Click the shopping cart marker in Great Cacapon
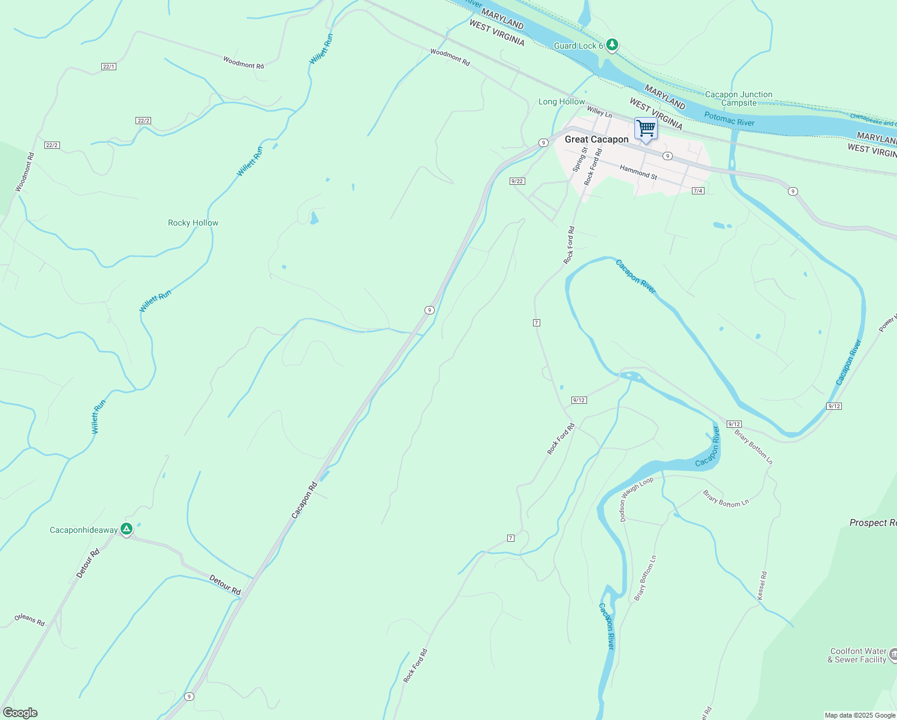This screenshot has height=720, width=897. pos(646,128)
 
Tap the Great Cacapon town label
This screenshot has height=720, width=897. pos(597,139)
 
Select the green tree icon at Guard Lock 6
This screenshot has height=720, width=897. pos(612,44)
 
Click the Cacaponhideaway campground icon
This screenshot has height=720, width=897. pos(126,529)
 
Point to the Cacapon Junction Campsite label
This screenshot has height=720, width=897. pos(739,98)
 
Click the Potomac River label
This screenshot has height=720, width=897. pos(729,118)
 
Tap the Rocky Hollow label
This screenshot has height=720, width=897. pos(193,223)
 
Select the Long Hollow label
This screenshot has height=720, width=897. pos(561,101)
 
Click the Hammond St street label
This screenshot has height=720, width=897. pos(639,172)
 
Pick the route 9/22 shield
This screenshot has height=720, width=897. pos(517,181)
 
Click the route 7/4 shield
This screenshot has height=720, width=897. pos(697,191)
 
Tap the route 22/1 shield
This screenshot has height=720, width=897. pos(109,67)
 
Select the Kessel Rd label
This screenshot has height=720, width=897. pos(761,585)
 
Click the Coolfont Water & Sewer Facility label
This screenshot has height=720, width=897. pos(858,655)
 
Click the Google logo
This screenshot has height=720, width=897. pos(20,713)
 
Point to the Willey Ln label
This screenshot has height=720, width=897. pos(600,112)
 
